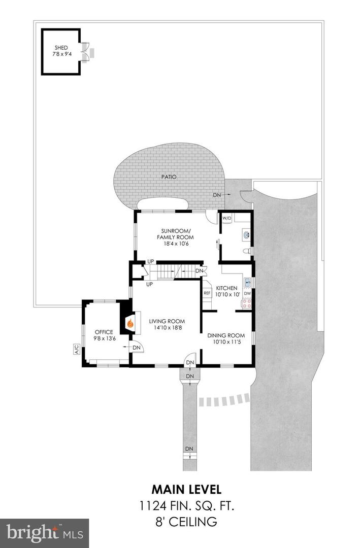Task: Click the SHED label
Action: pyautogui.click(x=61, y=48)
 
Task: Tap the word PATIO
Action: pyautogui.click(x=170, y=177)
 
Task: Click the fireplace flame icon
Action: pyautogui.click(x=130, y=322)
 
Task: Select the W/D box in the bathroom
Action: pyautogui.click(x=226, y=218)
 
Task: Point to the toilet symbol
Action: pyautogui.click(x=246, y=251)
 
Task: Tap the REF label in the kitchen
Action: pyautogui.click(x=207, y=293)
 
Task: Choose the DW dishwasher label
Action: pyautogui.click(x=247, y=293)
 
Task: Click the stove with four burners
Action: pyautogui.click(x=247, y=303)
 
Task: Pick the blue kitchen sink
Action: pyautogui.click(x=248, y=283)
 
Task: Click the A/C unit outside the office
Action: pyautogui.click(x=77, y=350)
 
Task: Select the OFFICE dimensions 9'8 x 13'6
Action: pyautogui.click(x=103, y=338)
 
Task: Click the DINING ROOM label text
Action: pyautogui.click(x=226, y=335)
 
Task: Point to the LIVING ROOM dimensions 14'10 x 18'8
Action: pyautogui.click(x=167, y=328)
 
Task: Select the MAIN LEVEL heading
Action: pyautogui.click(x=186, y=490)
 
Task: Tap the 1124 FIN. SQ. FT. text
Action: pyautogui.click(x=186, y=505)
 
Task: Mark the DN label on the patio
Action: pyautogui.click(x=217, y=195)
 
